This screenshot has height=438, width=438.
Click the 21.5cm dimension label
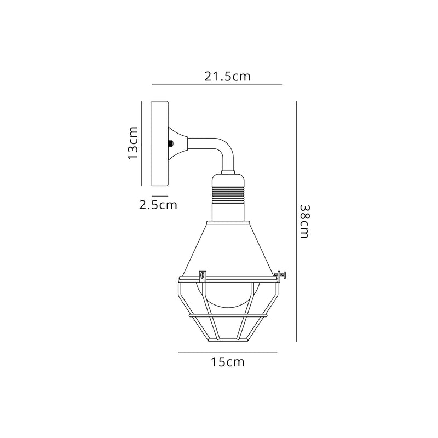click(228, 76)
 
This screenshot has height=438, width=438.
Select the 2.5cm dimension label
click(158, 205)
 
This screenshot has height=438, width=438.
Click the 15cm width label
click(227, 362)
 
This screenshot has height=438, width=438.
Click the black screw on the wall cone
click(172, 143)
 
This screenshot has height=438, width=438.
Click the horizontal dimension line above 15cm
click(227, 353)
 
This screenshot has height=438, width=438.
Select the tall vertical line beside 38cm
click(296, 221)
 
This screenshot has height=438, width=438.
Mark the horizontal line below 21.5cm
click(216, 85)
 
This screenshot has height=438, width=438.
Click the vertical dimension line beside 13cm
click(142, 143)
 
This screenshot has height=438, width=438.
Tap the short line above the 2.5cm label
click(159, 195)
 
